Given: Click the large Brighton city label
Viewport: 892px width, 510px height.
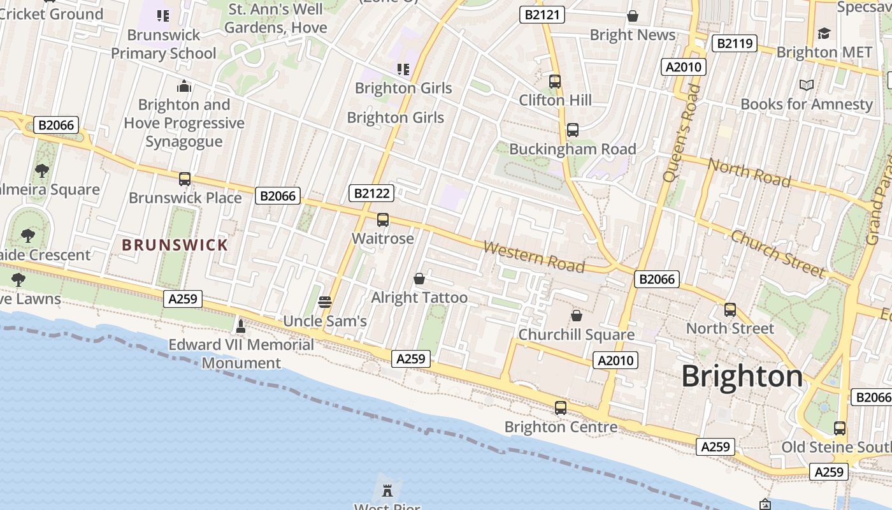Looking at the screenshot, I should tap(742, 376).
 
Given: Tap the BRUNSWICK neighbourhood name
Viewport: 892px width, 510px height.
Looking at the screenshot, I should tap(175, 245).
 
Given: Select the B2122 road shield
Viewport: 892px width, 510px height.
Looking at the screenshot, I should tap(371, 193).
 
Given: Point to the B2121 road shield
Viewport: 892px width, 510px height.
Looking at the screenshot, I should tap(542, 15).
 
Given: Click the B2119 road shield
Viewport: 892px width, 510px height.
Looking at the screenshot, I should tap(734, 43).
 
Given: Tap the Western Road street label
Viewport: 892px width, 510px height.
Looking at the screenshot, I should tap(533, 256).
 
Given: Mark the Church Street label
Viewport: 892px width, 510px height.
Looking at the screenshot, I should tap(777, 254).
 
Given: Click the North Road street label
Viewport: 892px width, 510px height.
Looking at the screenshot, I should tap(749, 172).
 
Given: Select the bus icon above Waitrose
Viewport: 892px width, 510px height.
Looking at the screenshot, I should tap(382, 220).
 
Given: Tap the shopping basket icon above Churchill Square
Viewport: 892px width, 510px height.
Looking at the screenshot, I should tap(577, 316).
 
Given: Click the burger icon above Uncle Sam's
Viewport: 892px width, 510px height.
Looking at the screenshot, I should tap(325, 302).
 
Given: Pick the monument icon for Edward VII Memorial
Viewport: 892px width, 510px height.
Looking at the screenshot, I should tap(240, 326).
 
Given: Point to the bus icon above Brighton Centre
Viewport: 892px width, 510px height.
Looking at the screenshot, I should tap(561, 408).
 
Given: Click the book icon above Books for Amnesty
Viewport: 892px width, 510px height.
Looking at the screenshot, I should tap(806, 85).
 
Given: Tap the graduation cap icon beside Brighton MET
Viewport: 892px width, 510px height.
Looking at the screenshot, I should tap(824, 33).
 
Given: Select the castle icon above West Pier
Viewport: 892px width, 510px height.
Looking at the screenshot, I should tap(387, 490).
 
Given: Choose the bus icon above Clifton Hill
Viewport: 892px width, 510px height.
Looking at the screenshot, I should tap(555, 82).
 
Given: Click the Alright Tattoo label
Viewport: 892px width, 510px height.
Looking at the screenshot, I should tap(419, 298).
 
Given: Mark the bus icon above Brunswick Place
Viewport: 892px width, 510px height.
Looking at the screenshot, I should tap(185, 179).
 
